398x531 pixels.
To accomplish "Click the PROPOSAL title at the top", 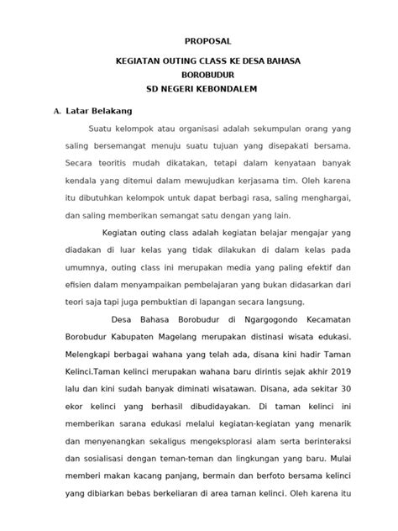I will point(207,40).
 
